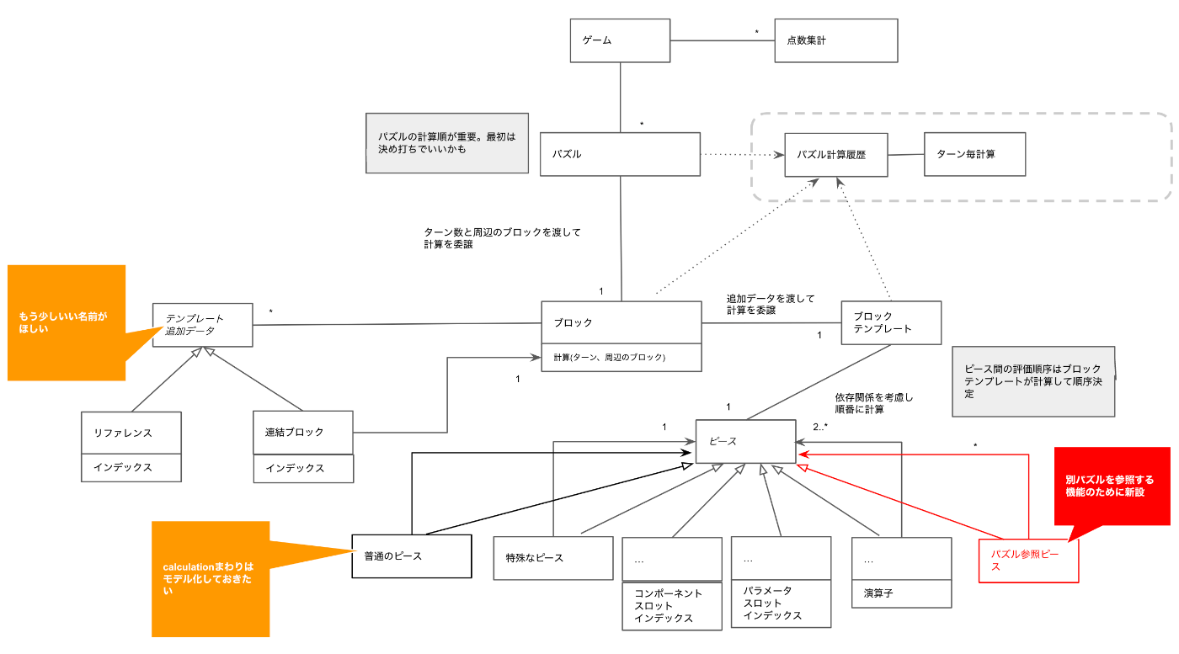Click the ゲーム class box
click(620, 40)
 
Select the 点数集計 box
click(835, 40)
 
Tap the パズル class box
click(620, 154)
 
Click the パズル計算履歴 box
click(835, 155)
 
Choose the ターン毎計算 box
click(974, 155)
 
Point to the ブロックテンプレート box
click(891, 322)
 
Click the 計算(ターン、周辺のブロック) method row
click(621, 358)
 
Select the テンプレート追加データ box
click(202, 325)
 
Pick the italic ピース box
click(744, 441)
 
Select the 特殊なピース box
click(553, 557)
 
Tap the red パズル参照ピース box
click(1028, 561)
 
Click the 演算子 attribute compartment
click(901, 593)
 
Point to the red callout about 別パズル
click(1112, 487)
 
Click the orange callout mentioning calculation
click(211, 578)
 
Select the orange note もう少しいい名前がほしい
click(67, 323)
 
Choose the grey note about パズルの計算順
click(446, 143)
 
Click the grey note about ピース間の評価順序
click(1033, 381)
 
